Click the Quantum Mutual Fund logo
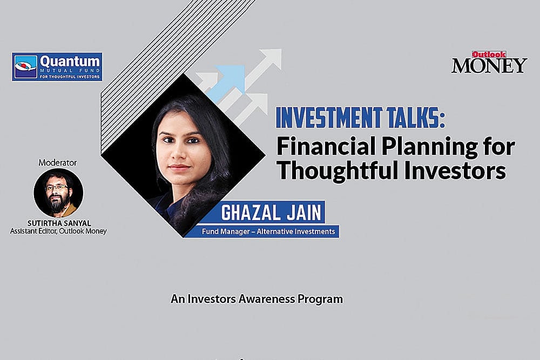click(57, 66)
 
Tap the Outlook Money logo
click(489, 63)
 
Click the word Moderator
click(58, 162)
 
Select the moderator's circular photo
click(58, 193)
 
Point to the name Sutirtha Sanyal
click(58, 223)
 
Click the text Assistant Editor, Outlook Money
click(58, 231)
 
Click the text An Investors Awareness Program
click(256, 298)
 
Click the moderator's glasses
click(57, 187)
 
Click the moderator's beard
click(57, 202)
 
